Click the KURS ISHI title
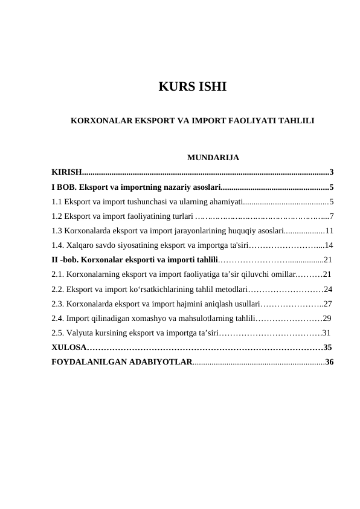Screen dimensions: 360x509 pos(192,86)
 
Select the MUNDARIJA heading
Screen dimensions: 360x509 pos(213,158)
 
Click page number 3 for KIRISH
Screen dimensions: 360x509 pos(332,173)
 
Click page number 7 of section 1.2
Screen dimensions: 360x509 pos(332,216)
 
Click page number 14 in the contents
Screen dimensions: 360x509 pos(329,245)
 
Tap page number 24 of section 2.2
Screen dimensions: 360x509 pos(328,289)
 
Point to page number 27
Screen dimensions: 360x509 pos(328,303)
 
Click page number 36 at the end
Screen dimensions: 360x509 pos(329,362)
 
